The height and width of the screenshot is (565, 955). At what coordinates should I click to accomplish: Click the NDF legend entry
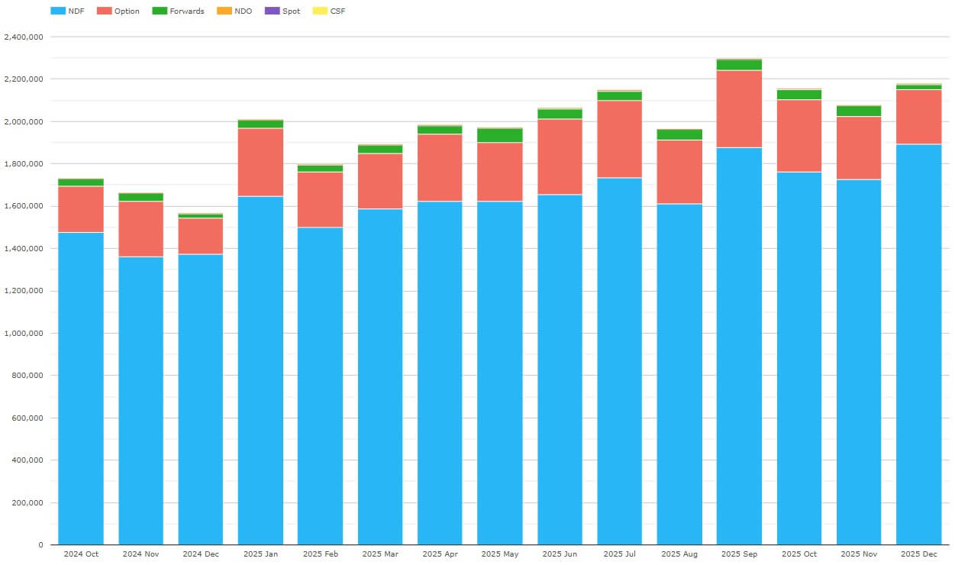point(66,11)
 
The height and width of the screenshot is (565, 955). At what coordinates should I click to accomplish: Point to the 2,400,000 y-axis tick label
point(23,37)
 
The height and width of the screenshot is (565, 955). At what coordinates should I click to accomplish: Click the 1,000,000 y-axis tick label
point(23,334)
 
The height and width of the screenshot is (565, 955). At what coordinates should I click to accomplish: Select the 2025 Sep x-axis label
point(739,554)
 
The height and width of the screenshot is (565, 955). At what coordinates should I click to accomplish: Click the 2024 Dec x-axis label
point(201,554)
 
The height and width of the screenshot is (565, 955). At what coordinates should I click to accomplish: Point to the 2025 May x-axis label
point(500,554)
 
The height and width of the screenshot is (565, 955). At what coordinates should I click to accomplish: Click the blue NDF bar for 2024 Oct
point(81,389)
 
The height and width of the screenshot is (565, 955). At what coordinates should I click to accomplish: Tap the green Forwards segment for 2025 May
point(500,135)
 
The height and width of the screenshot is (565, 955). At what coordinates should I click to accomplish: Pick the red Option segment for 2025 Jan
point(260,163)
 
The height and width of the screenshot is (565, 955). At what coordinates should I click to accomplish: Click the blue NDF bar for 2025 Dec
point(918,344)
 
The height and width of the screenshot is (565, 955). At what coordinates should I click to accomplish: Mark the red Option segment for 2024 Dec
point(201,236)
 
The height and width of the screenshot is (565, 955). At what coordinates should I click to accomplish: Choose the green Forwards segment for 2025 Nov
point(859,111)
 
